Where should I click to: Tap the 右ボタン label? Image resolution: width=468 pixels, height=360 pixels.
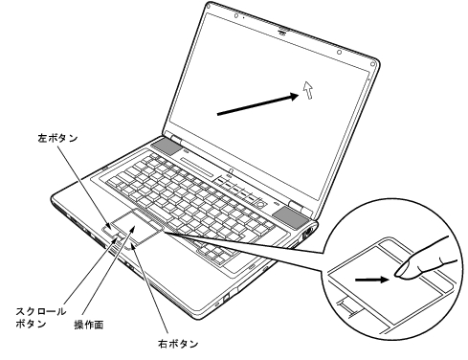point(178,342)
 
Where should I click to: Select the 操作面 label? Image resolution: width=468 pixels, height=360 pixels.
point(89,325)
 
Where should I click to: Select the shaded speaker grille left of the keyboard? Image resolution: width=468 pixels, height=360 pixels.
point(165,148)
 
